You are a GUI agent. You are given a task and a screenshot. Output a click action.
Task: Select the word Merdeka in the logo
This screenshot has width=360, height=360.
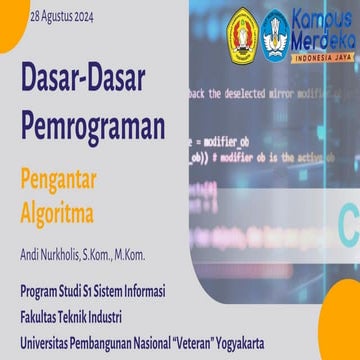pyautogui.click(x=320, y=38)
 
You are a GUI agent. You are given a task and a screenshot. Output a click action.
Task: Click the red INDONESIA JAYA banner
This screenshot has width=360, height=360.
pyautogui.click(x=320, y=55)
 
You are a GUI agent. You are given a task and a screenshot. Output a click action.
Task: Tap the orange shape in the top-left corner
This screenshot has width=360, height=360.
pyautogui.click(x=12, y=22)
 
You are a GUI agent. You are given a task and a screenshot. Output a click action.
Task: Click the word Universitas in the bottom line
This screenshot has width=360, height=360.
pyautogui.click(x=45, y=343)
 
